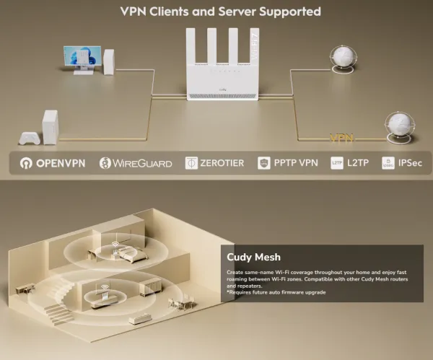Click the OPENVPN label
[61, 163]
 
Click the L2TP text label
[358, 163]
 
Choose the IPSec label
[411, 163]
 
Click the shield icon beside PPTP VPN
[264, 163]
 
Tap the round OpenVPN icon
[28, 163]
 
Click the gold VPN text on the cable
[341, 138]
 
